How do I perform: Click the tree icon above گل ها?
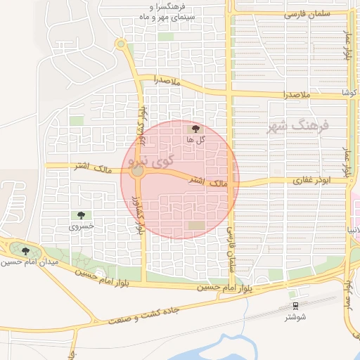tap(195, 129)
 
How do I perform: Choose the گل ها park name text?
tap(195, 140)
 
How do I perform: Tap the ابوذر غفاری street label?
tap(311, 181)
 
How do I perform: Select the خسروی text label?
tap(80, 227)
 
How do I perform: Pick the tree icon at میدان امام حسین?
tap(25, 250)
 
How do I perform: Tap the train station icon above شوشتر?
tap(295, 306)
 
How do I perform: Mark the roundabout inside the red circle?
tap(138, 171)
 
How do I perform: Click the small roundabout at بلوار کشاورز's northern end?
tap(121, 46)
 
